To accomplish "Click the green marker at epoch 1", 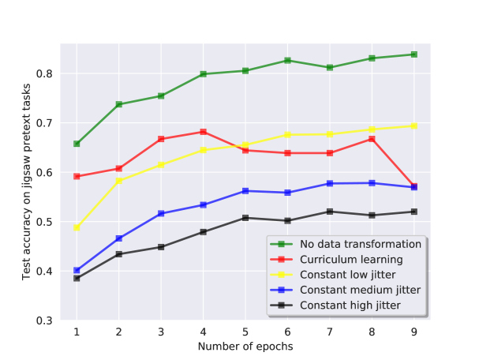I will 77,144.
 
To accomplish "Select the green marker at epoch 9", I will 414,54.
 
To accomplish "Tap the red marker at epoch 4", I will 203,132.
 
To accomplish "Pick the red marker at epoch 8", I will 372,139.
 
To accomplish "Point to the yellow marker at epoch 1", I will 77,227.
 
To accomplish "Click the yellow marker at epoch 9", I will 414,126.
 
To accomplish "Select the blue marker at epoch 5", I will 245,191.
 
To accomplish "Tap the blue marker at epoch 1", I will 77,270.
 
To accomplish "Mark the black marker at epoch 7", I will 330,212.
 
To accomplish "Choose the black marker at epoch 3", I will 161,247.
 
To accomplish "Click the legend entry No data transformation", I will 359,244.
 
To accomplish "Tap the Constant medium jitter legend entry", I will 359,290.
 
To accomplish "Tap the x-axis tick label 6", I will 287,333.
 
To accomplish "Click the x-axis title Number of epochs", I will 245,347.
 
